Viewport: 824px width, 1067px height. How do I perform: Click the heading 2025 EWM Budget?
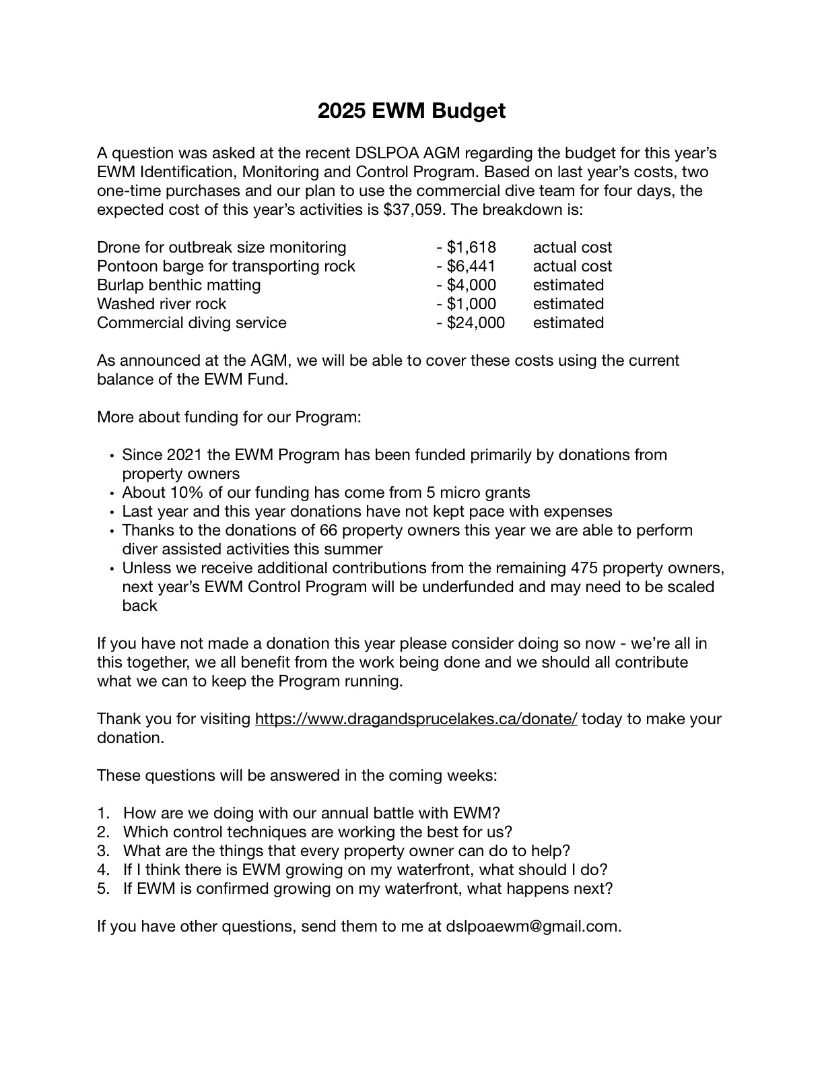(411, 111)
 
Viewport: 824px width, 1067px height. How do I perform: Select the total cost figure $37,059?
(413, 209)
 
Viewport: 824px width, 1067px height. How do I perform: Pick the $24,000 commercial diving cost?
(475, 323)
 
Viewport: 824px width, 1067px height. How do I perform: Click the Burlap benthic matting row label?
(178, 285)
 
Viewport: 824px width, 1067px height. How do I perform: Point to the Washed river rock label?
(162, 304)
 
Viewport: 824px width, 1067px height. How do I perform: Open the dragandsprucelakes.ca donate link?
(416, 719)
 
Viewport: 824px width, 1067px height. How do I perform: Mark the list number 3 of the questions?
(103, 851)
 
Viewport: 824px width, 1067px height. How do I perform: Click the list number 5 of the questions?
(103, 888)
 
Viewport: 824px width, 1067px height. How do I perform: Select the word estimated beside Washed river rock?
(568, 304)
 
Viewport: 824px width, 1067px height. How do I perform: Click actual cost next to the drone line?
(572, 247)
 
